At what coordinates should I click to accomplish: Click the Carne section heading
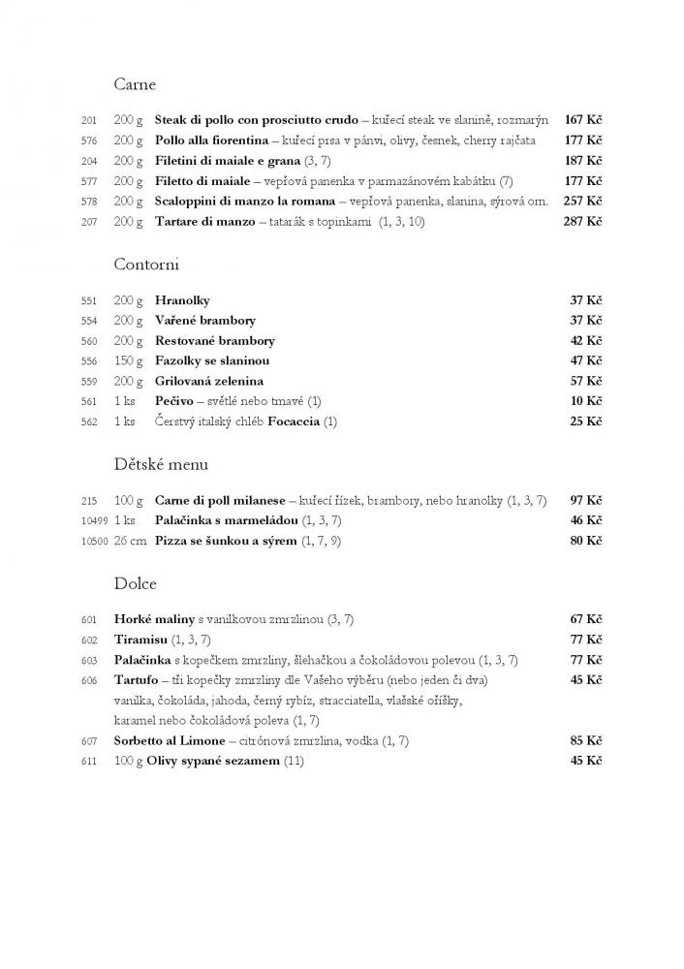point(135,84)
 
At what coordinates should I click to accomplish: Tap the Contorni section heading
point(146,264)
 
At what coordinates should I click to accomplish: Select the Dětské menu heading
point(161,464)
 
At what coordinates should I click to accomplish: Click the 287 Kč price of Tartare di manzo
point(583,222)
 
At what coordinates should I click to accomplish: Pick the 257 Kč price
point(583,202)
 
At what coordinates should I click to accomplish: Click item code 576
point(90,141)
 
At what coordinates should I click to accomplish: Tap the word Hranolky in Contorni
point(182,300)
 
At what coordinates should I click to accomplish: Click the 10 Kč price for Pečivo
point(586,401)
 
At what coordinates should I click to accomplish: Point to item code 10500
point(93,541)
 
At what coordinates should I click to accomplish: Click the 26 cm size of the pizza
point(130,541)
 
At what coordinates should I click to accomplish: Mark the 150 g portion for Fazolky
point(129,360)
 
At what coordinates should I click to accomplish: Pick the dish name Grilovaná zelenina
point(209,381)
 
